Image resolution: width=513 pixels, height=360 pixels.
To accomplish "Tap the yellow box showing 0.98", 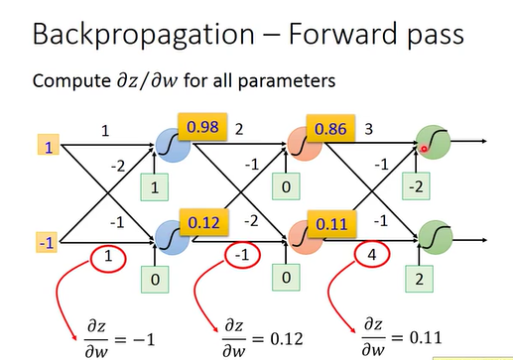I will coord(202,127).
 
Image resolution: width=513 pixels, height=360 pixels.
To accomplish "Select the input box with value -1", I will coord(45,242).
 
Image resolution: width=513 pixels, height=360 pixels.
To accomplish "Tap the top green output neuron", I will coord(433,143).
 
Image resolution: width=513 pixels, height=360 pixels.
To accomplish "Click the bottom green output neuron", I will coord(433,238).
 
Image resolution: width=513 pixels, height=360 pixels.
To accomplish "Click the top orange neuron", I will coord(302,145).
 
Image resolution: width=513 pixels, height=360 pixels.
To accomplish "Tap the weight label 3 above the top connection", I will coord(370,128).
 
